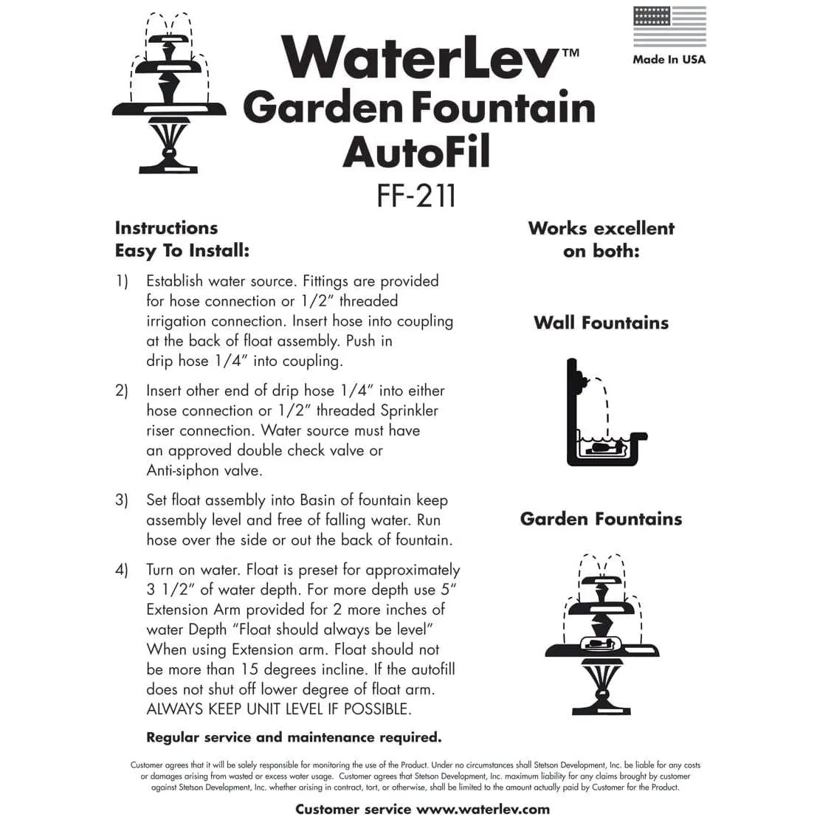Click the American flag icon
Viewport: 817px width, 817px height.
tap(669, 27)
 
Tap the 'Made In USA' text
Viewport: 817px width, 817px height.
tap(669, 59)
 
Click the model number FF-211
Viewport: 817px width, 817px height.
tap(416, 196)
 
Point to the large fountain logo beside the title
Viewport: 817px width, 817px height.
tap(169, 92)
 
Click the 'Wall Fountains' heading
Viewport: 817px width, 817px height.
tap(601, 323)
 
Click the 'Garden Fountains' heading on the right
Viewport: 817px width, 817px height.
tap(601, 519)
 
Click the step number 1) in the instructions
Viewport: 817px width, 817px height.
tap(122, 281)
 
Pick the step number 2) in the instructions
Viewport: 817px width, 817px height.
tap(122, 390)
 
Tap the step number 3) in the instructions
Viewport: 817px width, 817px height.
tap(122, 500)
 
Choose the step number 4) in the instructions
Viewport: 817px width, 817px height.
tap(122, 570)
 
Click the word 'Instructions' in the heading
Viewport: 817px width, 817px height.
tap(166, 228)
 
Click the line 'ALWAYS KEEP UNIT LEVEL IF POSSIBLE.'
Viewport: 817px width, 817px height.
tap(279, 709)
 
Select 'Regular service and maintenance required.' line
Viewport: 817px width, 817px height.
tap(294, 737)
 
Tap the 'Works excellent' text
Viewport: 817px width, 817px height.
tap(601, 228)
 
